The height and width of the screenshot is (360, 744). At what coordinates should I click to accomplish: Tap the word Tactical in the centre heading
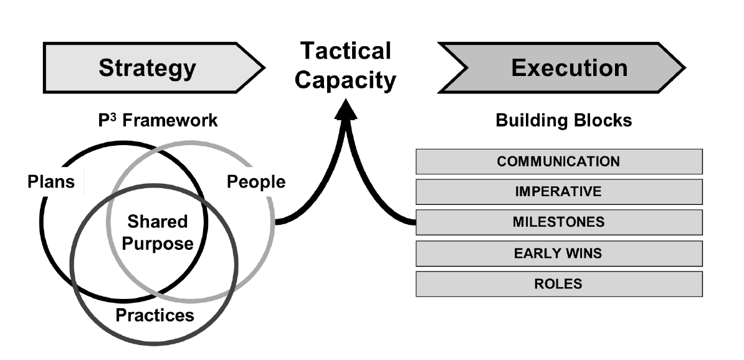click(x=345, y=51)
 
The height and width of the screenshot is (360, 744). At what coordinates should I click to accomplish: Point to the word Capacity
click(x=346, y=81)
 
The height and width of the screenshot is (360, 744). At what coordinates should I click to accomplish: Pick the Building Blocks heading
click(x=563, y=120)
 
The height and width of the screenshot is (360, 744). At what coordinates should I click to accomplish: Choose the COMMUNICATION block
click(x=558, y=161)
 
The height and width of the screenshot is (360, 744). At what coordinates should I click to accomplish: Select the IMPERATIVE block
click(x=558, y=192)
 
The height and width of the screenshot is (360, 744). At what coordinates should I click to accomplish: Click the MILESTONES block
click(x=558, y=222)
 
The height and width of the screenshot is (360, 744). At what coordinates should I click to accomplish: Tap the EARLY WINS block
click(x=558, y=253)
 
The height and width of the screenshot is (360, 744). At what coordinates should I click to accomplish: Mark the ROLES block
click(x=558, y=283)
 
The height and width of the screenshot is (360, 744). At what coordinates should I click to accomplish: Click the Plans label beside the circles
click(x=52, y=182)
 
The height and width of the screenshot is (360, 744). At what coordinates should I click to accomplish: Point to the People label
click(x=256, y=182)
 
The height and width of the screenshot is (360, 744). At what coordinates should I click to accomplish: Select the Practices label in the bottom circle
click(x=155, y=315)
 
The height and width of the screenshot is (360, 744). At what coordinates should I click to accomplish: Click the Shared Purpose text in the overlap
click(x=157, y=232)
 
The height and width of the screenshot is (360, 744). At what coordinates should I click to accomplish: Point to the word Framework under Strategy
click(x=170, y=120)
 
